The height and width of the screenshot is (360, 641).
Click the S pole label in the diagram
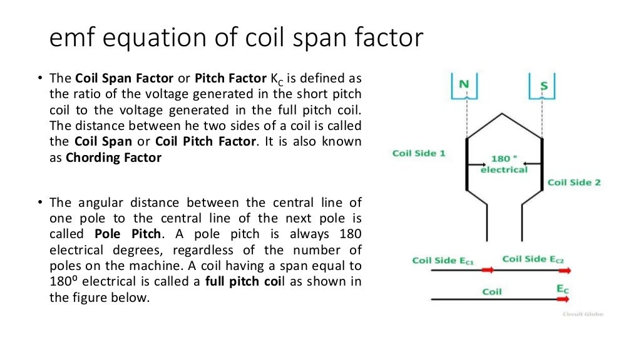(x=543, y=86)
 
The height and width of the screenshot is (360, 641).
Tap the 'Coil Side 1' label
(x=419, y=153)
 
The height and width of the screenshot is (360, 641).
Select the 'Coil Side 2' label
(x=574, y=182)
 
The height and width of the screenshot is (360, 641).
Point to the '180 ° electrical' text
(x=504, y=164)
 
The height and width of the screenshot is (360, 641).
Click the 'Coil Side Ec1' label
(x=443, y=260)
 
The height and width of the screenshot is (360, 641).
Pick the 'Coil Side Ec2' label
(x=534, y=259)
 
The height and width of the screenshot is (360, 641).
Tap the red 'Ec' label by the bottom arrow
(x=562, y=289)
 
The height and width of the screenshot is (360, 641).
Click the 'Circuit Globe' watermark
(x=582, y=314)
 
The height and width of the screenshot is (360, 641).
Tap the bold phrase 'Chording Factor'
(x=113, y=157)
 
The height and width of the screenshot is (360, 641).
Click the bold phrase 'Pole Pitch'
(x=128, y=234)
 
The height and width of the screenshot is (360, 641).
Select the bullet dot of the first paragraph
(x=38, y=79)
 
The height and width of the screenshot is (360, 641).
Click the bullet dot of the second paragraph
(x=38, y=202)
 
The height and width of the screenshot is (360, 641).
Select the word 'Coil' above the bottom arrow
(x=492, y=291)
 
